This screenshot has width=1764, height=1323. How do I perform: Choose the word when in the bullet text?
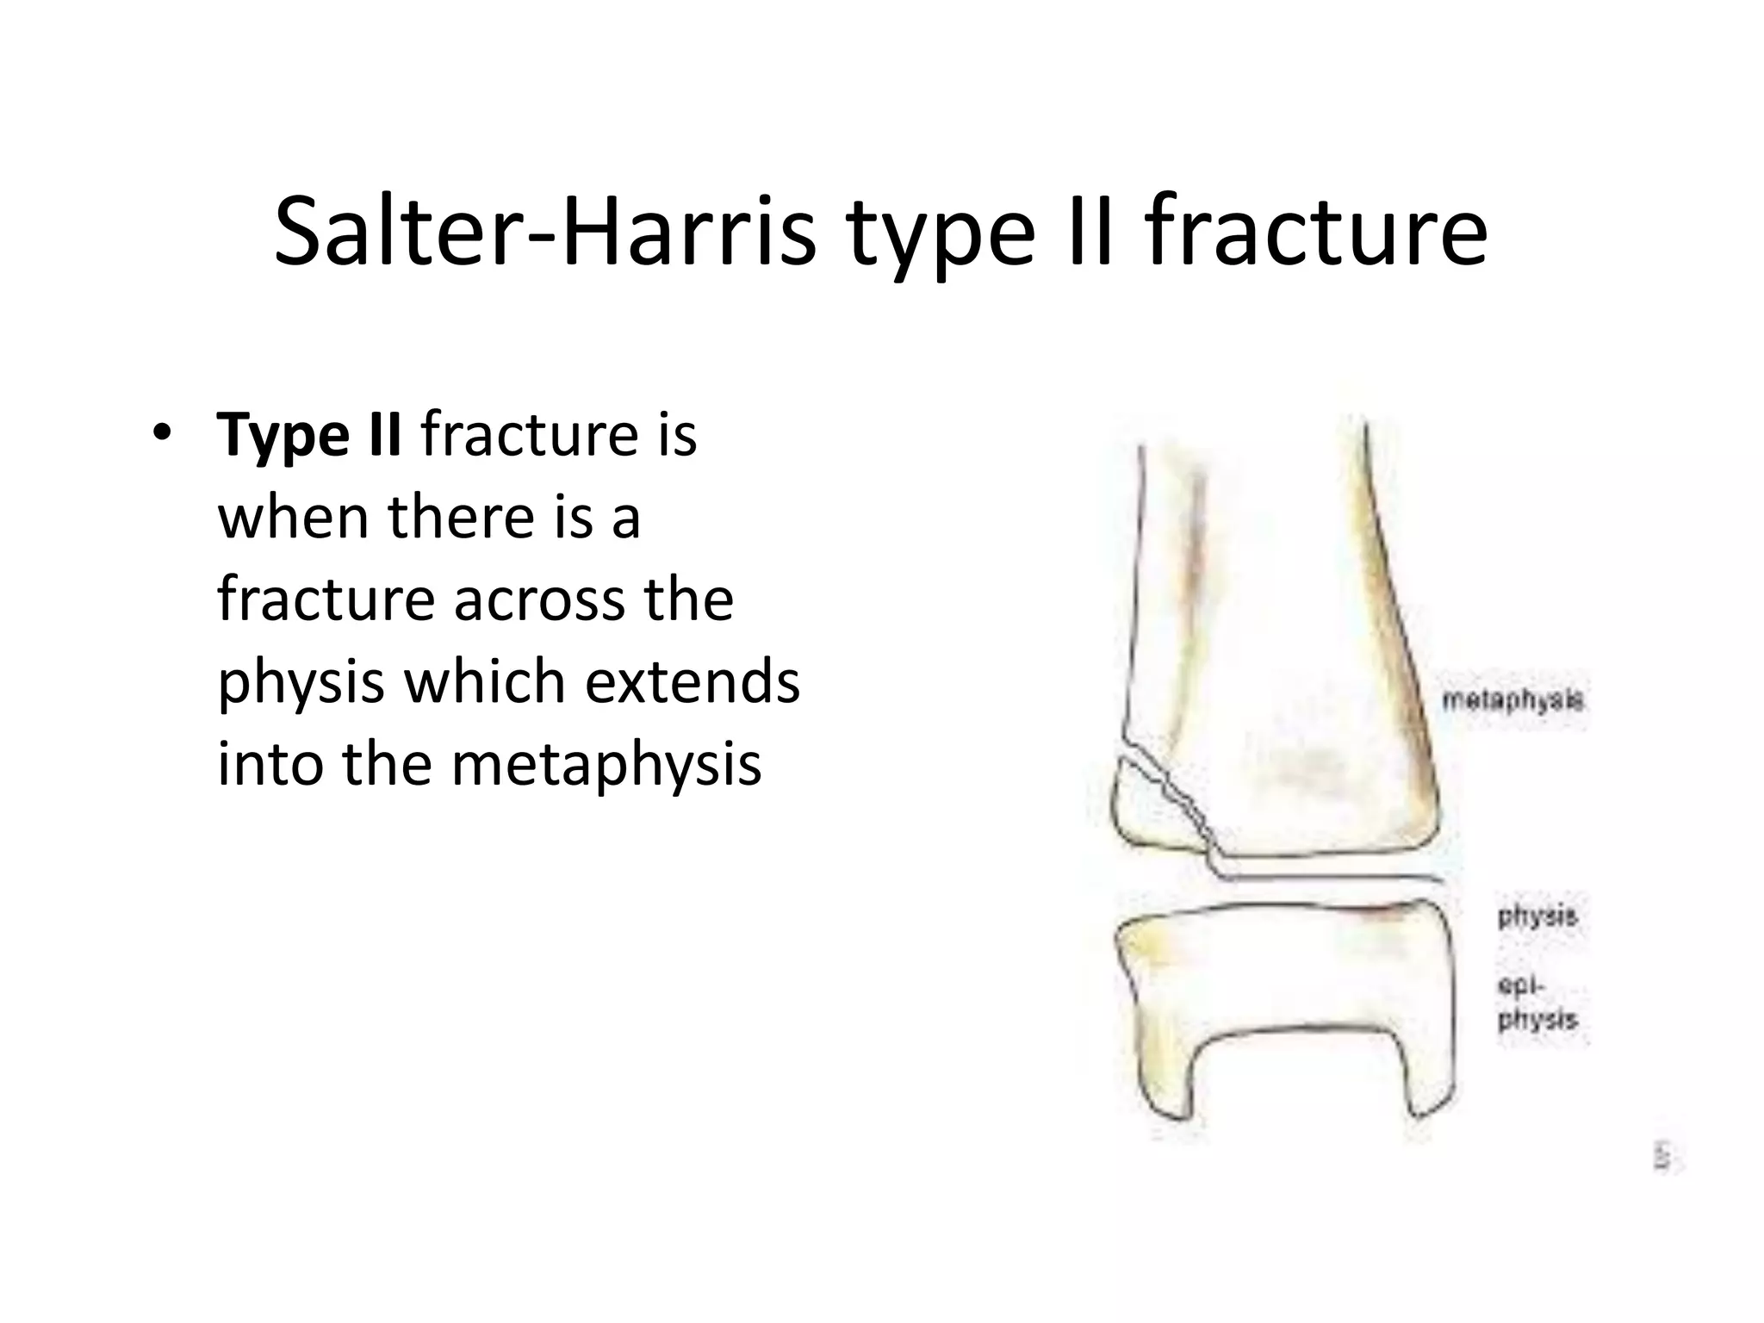[293, 517]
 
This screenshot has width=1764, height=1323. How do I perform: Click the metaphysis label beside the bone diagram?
[1512, 700]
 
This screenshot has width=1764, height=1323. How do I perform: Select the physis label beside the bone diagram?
[1537, 916]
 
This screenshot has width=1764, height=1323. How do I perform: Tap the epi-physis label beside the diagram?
[1537, 1003]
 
